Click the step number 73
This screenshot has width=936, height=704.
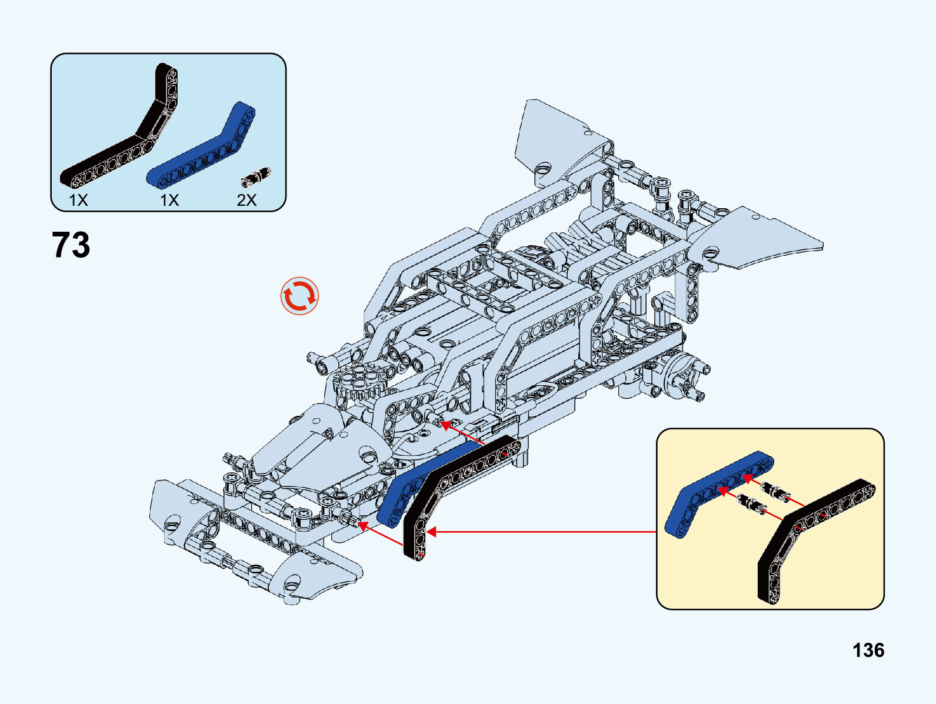tap(71, 245)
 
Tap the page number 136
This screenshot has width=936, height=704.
tap(868, 650)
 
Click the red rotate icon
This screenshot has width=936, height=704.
tap(299, 295)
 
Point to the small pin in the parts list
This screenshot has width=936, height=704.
tap(257, 175)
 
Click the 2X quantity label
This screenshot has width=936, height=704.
tap(247, 200)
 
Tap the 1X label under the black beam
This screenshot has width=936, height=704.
tap(78, 200)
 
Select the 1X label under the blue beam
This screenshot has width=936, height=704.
tap(169, 200)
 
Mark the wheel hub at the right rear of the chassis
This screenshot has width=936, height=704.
tap(682, 373)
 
